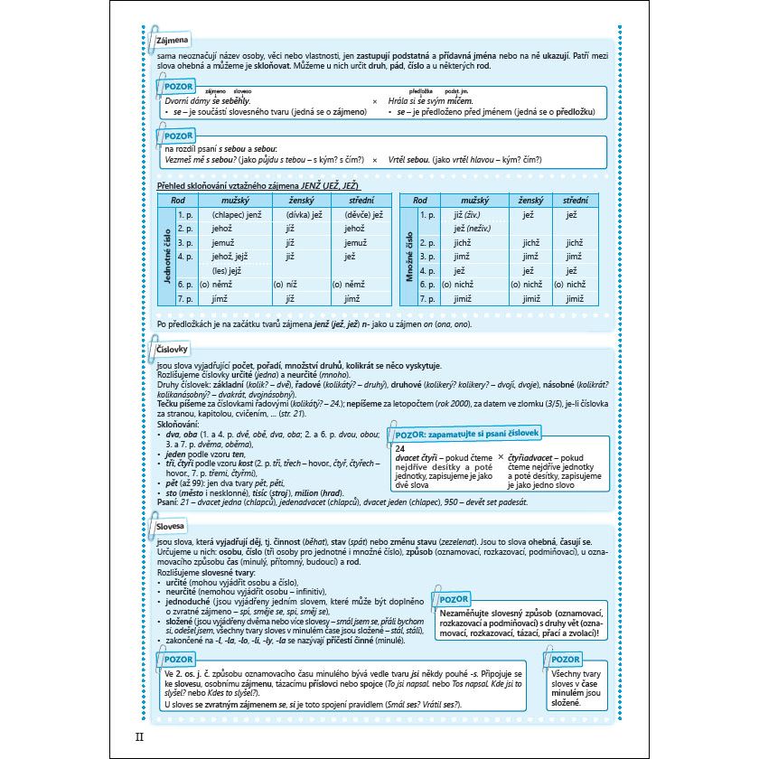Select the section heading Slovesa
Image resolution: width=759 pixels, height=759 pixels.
click(171, 524)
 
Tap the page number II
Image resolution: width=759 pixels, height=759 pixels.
click(138, 738)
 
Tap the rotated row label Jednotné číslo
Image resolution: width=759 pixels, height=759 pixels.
click(166, 256)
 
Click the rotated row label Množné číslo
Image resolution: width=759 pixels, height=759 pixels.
click(409, 256)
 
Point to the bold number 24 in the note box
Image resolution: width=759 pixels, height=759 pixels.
click(401, 448)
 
